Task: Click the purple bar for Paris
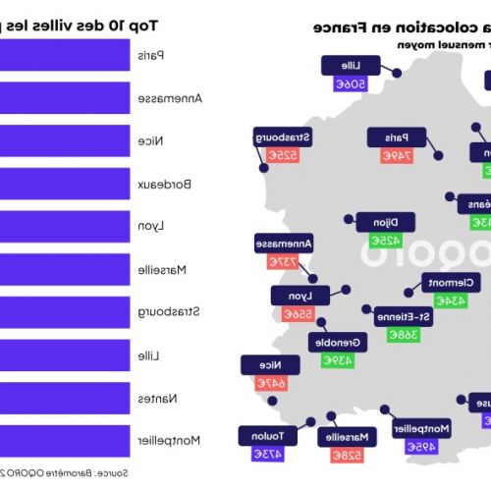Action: (64, 55)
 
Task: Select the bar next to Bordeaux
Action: (64, 184)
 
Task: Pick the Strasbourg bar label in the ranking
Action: (178, 312)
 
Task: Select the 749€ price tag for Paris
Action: (397, 155)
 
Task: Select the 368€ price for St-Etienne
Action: (402, 334)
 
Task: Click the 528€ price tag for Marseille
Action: (348, 455)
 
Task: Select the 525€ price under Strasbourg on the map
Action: (281, 156)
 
